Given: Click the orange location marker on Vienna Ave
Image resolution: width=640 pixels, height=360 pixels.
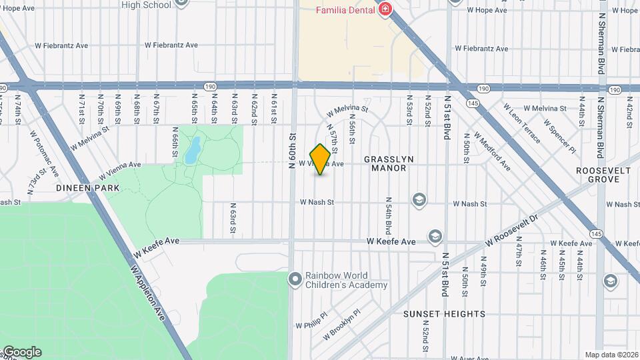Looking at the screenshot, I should point(320,159).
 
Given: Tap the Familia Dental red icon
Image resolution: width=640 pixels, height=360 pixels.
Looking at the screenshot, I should point(384,9).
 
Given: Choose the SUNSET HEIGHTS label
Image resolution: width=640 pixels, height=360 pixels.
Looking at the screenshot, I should point(444,313).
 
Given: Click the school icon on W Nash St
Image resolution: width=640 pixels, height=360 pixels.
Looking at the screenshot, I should point(419,199).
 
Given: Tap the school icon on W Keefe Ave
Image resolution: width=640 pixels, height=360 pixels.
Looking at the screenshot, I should point(435,237).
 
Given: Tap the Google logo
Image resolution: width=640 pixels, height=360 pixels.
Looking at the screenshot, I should point(21,352).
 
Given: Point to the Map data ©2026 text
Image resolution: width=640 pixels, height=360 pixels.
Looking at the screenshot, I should point(611,355).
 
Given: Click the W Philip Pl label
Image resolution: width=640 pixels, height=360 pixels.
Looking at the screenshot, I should point(311,321).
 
